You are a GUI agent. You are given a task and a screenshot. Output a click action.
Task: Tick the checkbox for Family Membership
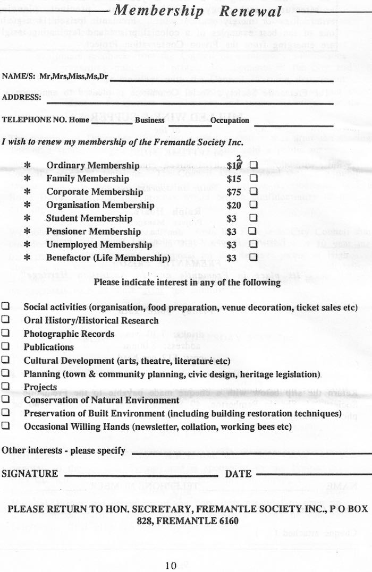click(x=253, y=178)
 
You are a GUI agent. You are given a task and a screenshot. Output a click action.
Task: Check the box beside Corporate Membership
click(x=253, y=191)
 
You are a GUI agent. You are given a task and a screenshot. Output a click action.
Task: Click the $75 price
click(x=234, y=192)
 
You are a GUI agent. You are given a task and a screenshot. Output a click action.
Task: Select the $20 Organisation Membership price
click(x=234, y=205)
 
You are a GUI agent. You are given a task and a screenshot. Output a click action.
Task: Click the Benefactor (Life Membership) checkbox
click(x=253, y=258)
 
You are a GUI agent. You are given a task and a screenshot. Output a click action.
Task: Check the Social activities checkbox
click(x=5, y=307)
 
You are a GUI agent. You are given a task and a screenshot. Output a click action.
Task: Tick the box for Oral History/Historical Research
click(x=5, y=320)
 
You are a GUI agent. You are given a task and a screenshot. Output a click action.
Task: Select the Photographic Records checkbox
click(x=5, y=334)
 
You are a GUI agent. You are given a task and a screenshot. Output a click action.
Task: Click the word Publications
click(x=48, y=347)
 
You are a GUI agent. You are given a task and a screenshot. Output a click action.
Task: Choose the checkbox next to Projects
click(x=5, y=386)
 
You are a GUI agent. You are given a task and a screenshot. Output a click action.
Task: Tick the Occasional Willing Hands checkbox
click(x=5, y=426)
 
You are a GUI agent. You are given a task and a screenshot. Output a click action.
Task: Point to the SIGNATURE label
click(x=30, y=474)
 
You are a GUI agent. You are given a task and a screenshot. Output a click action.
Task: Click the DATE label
click(x=238, y=474)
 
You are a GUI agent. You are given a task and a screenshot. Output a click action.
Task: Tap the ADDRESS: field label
click(x=21, y=98)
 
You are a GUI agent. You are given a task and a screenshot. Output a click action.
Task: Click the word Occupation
click(x=230, y=121)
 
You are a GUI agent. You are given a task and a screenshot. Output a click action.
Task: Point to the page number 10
click(x=170, y=565)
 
